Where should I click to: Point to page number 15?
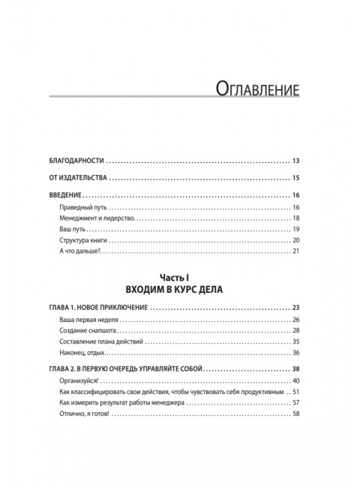295,179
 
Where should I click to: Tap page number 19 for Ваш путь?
295,229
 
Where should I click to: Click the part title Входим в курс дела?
180,289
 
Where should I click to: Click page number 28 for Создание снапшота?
295,331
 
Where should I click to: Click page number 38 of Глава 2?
295,370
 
